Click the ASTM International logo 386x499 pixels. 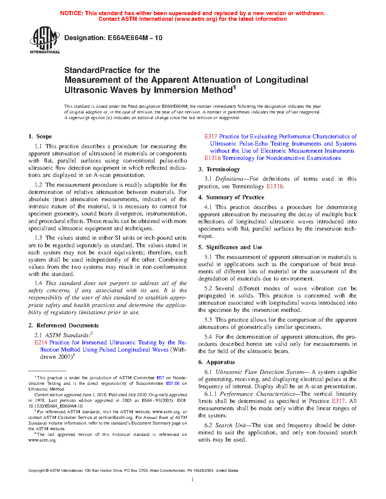coord(45,39)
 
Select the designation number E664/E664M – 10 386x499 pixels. coord(135,38)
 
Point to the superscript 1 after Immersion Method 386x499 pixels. coord(234,88)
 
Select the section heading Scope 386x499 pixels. coord(44,136)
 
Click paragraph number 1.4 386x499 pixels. coord(38,283)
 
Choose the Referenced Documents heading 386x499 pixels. coord(67,325)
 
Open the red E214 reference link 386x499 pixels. coord(40,342)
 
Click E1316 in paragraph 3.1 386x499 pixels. coord(274,186)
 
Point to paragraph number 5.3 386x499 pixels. coord(208,320)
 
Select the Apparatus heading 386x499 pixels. coord(220,362)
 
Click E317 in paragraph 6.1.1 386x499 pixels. coord(338,401)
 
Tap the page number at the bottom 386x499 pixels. coord(193,480)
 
